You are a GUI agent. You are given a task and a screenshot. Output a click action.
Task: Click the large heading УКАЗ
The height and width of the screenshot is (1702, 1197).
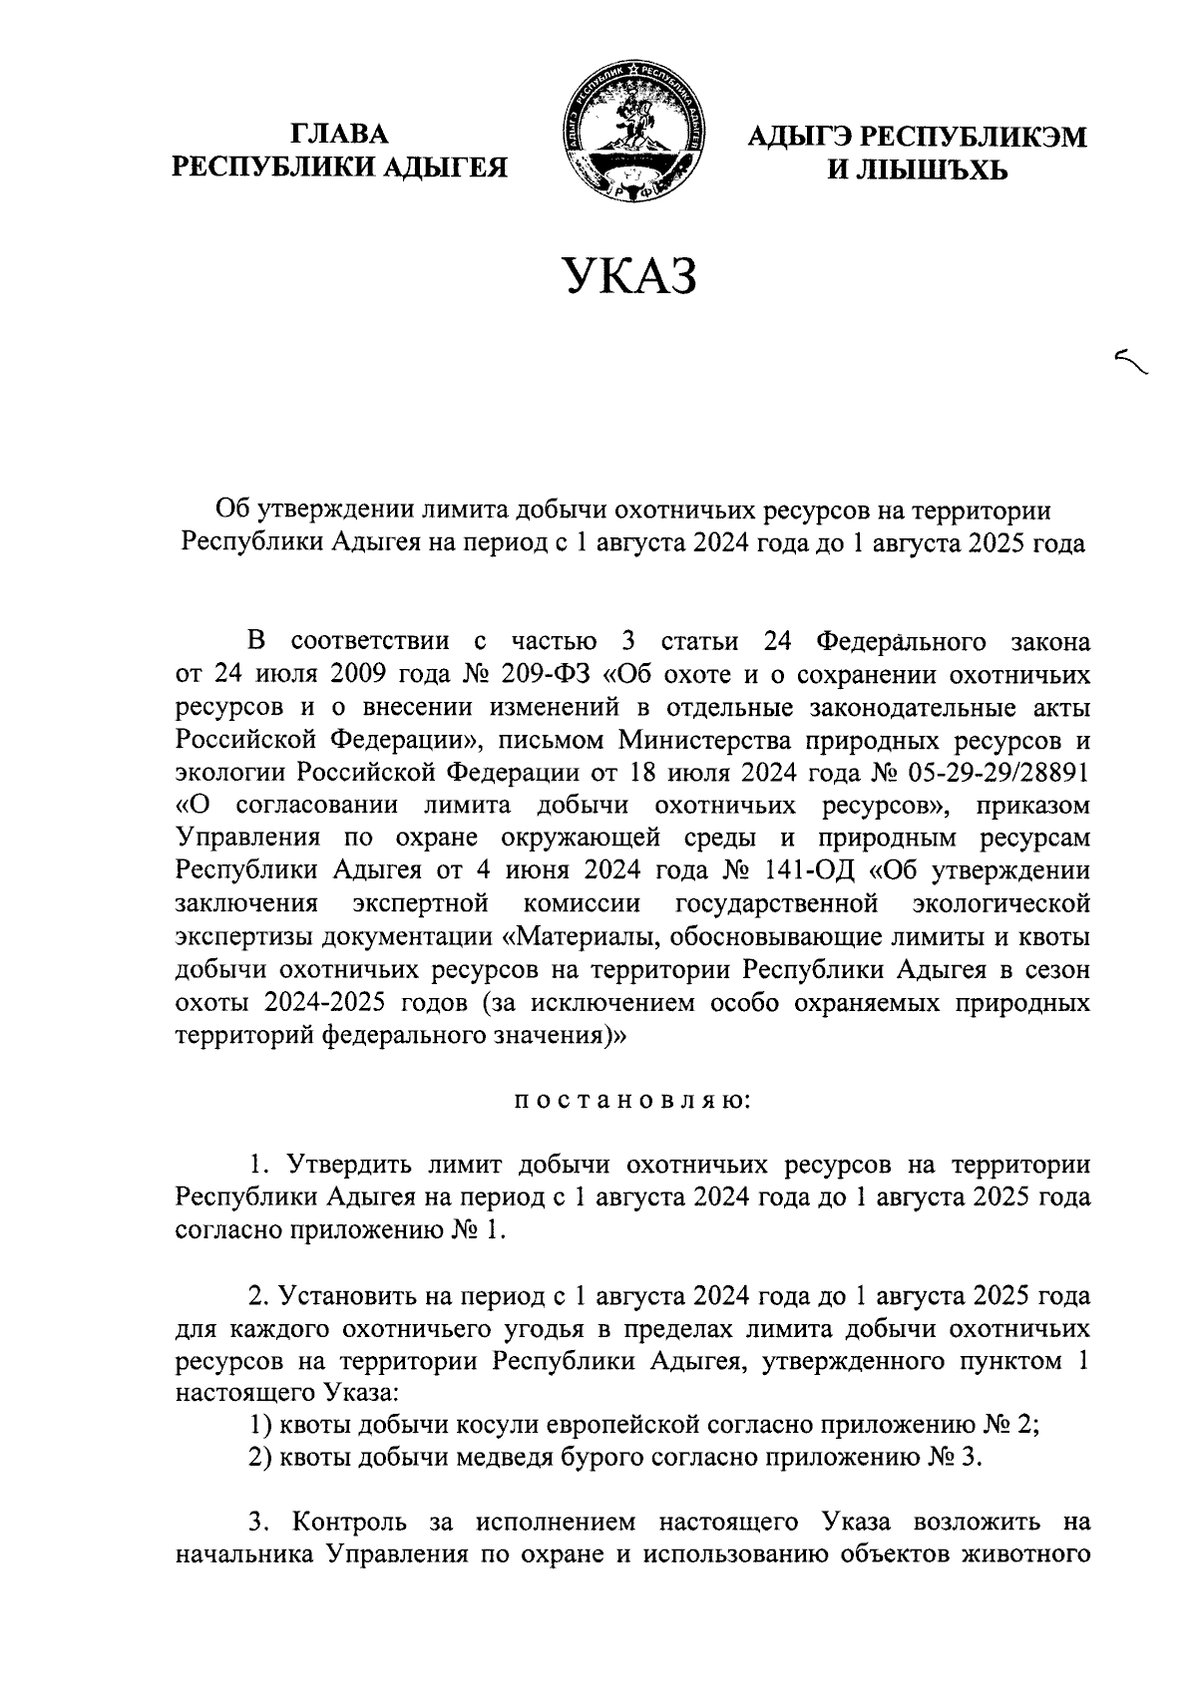[628, 276]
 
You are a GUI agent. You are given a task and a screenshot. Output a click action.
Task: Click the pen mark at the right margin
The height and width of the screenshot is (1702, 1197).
[1131, 361]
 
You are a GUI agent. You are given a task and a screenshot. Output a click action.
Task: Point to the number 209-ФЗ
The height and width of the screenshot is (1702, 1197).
[543, 675]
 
